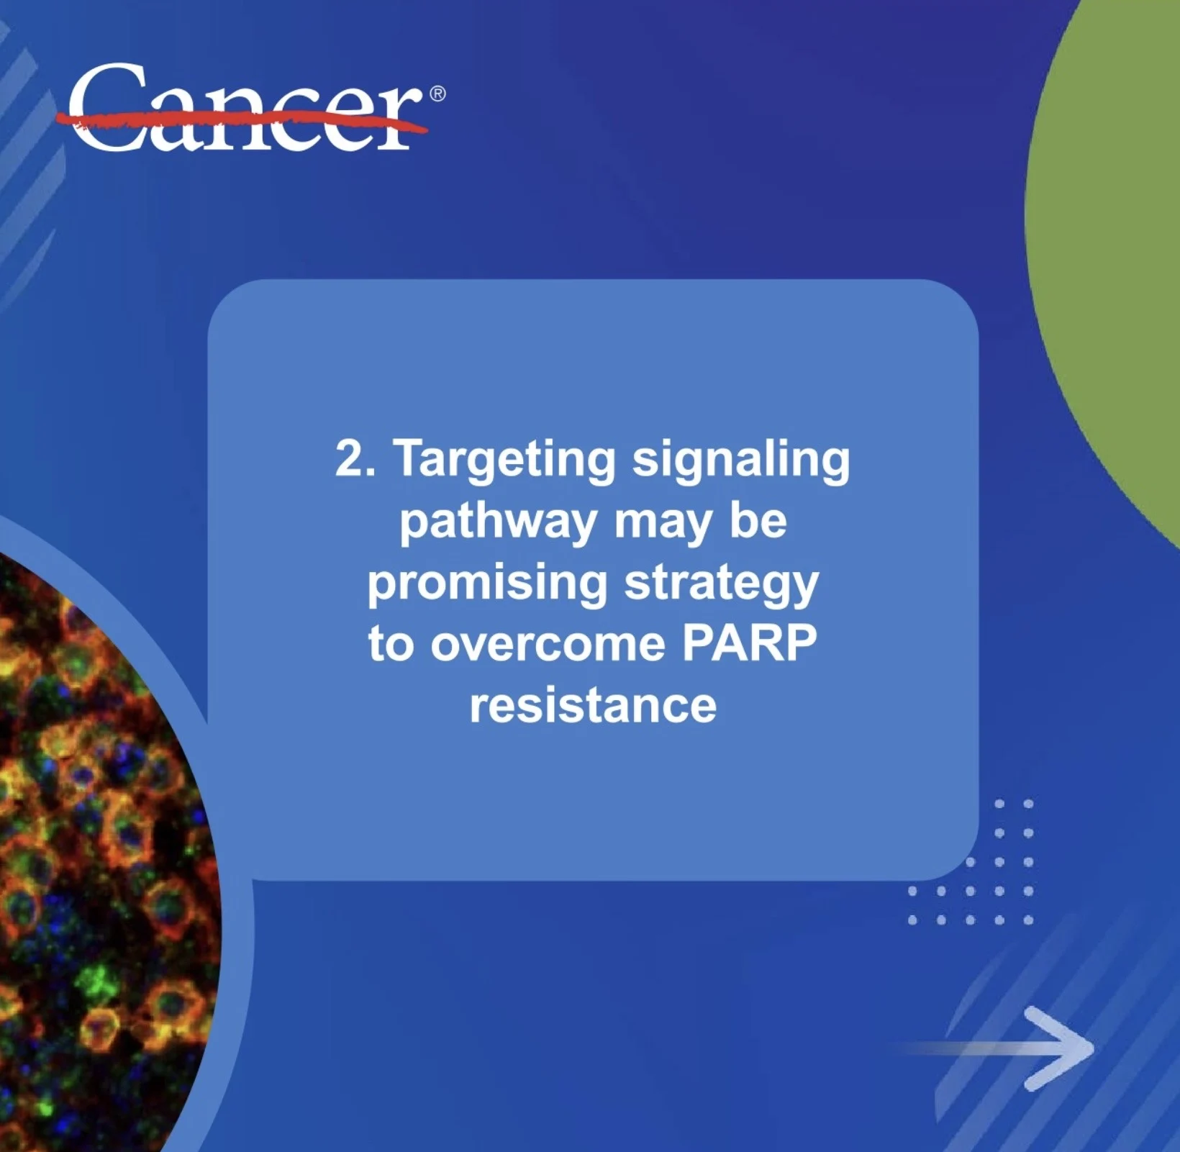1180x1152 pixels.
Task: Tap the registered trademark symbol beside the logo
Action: [x=437, y=94]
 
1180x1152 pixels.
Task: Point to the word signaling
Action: [x=741, y=461]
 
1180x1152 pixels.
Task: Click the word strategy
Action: [x=722, y=584]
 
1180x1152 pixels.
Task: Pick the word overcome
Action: [x=548, y=644]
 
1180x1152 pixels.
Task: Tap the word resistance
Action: [x=593, y=705]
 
